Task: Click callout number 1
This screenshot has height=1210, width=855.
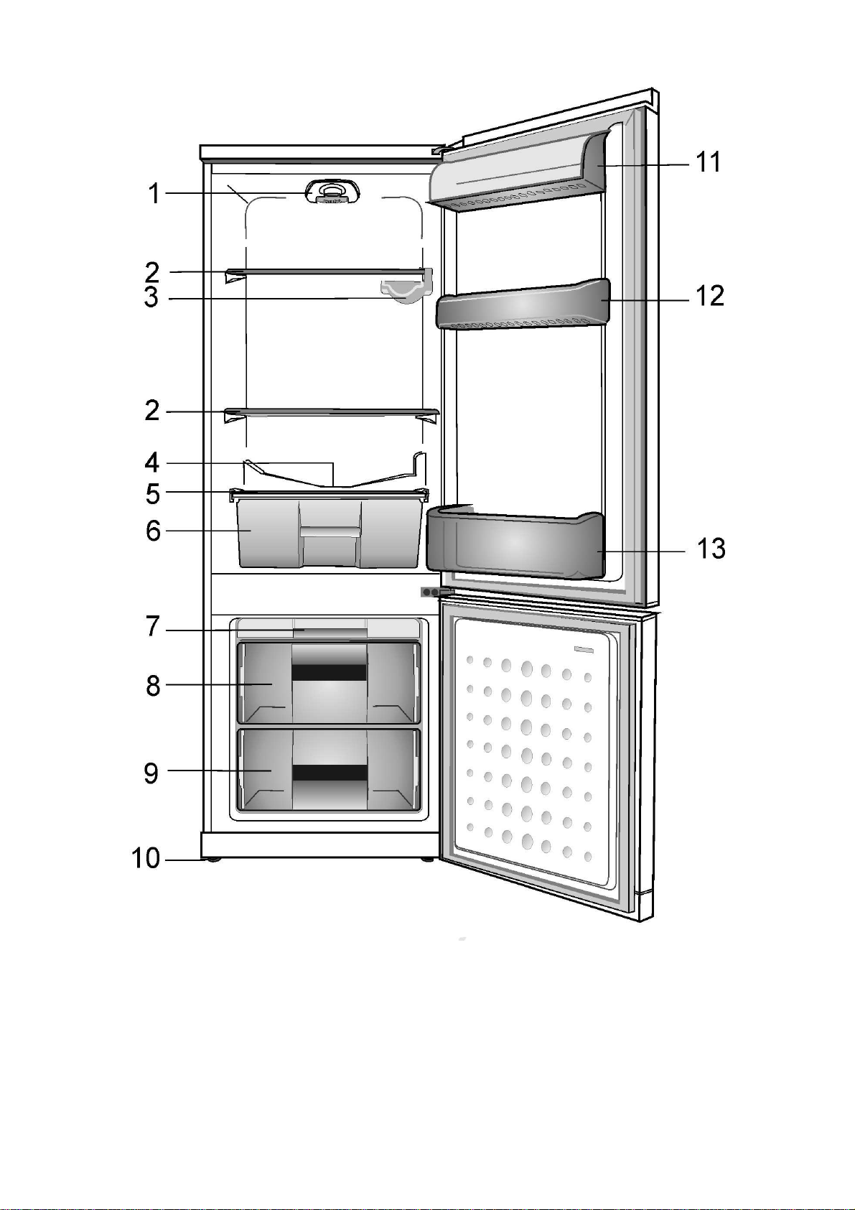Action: (x=154, y=193)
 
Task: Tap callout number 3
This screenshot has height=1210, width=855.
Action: (x=151, y=297)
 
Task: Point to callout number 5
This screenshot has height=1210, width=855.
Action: (x=152, y=494)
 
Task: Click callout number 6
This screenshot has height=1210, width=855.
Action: (x=153, y=531)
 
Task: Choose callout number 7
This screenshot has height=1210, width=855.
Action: (x=152, y=627)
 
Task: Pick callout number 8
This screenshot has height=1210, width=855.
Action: (x=153, y=686)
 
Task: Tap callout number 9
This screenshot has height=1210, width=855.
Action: (x=151, y=773)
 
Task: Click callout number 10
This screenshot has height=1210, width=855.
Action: (x=146, y=859)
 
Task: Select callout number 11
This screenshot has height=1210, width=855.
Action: (x=709, y=162)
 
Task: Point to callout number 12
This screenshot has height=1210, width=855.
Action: (x=710, y=296)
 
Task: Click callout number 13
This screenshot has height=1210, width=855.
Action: (x=711, y=549)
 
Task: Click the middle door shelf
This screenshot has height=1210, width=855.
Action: (x=523, y=304)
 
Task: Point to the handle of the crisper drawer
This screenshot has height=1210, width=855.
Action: (x=330, y=531)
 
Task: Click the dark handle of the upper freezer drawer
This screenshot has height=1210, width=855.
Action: (x=330, y=672)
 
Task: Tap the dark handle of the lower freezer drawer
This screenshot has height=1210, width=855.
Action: (x=330, y=773)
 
